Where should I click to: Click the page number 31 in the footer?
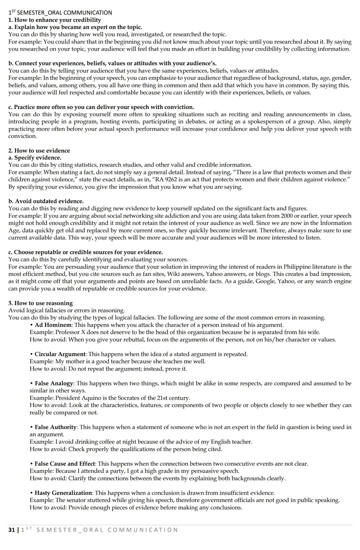click(12, 530)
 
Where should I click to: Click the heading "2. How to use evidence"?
click(39, 151)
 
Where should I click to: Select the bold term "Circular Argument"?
click(60, 354)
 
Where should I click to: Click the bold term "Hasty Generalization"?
click(63, 493)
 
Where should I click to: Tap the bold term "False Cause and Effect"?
click(65, 464)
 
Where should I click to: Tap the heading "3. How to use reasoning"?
click(40, 303)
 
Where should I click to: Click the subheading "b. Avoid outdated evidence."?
click(46, 201)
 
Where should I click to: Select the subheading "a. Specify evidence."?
click(35, 158)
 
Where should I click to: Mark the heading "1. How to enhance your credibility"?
click(55, 20)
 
